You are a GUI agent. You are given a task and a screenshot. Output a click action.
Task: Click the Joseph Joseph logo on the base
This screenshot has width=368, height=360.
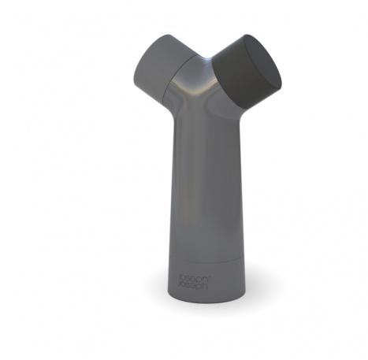(193, 282)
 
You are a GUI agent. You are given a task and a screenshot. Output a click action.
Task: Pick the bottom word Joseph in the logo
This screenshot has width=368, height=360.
(193, 285)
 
